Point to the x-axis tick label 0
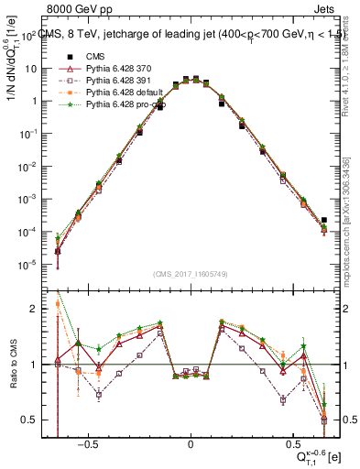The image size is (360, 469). (191, 442)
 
